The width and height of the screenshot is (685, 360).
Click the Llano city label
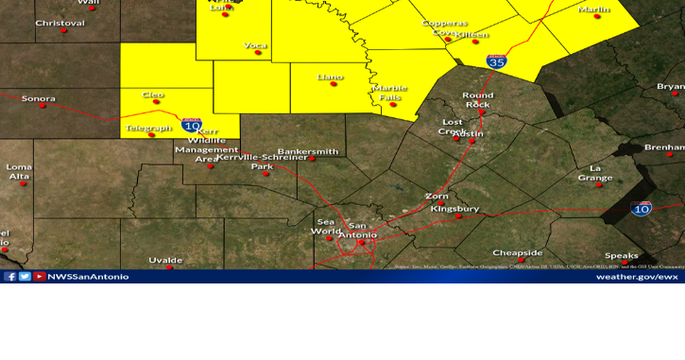point(331,76)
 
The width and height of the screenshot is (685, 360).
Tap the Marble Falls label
point(389,92)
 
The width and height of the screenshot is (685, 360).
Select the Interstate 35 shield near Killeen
point(496,60)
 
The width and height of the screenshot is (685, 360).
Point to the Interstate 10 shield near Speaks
point(642,208)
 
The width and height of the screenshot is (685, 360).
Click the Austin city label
point(469,134)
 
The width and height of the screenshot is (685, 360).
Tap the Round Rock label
point(477,99)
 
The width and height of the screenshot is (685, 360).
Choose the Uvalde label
point(165,260)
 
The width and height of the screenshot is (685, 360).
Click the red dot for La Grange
point(597,185)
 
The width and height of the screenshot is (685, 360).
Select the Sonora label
point(39,98)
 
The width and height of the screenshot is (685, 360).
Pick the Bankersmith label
point(307,151)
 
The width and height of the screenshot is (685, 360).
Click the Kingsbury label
point(454,208)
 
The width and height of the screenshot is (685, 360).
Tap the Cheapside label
point(518,252)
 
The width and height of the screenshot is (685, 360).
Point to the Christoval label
point(60,23)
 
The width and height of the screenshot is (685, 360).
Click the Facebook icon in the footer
point(10,277)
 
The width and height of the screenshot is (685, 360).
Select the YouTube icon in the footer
point(39,277)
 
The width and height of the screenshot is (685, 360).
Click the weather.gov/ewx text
point(637,277)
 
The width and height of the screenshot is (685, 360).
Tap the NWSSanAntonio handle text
point(88,277)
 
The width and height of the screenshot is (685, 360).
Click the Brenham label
point(665,147)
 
